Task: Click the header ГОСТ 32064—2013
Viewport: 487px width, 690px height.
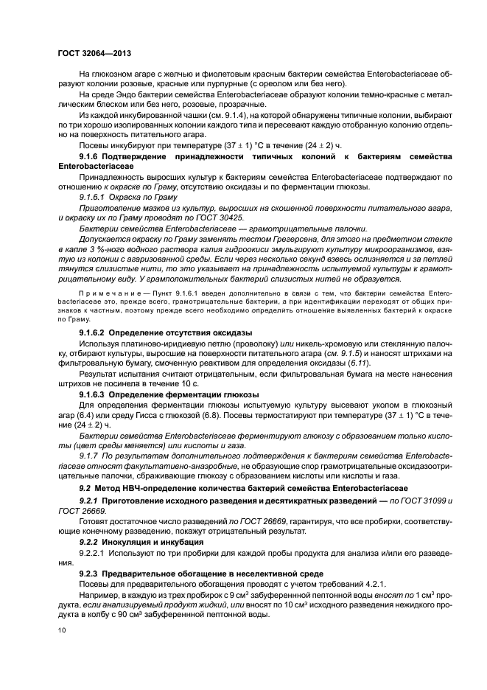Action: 94,54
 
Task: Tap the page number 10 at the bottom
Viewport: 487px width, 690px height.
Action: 62,631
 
